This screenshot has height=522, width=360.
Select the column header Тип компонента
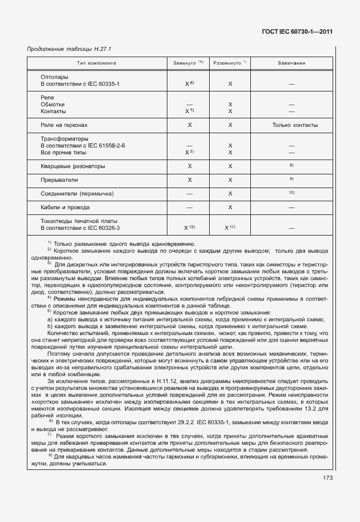pyautogui.click(x=97, y=63)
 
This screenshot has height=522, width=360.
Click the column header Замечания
pyautogui.click(x=291, y=63)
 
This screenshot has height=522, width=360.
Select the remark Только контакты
pyautogui.click(x=295, y=125)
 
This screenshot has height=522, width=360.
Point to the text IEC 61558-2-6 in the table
pyautogui.click(x=106, y=146)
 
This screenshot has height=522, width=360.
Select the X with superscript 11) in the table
pyautogui.click(x=230, y=228)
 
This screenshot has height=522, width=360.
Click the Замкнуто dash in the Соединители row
pyautogui.click(x=189, y=194)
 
